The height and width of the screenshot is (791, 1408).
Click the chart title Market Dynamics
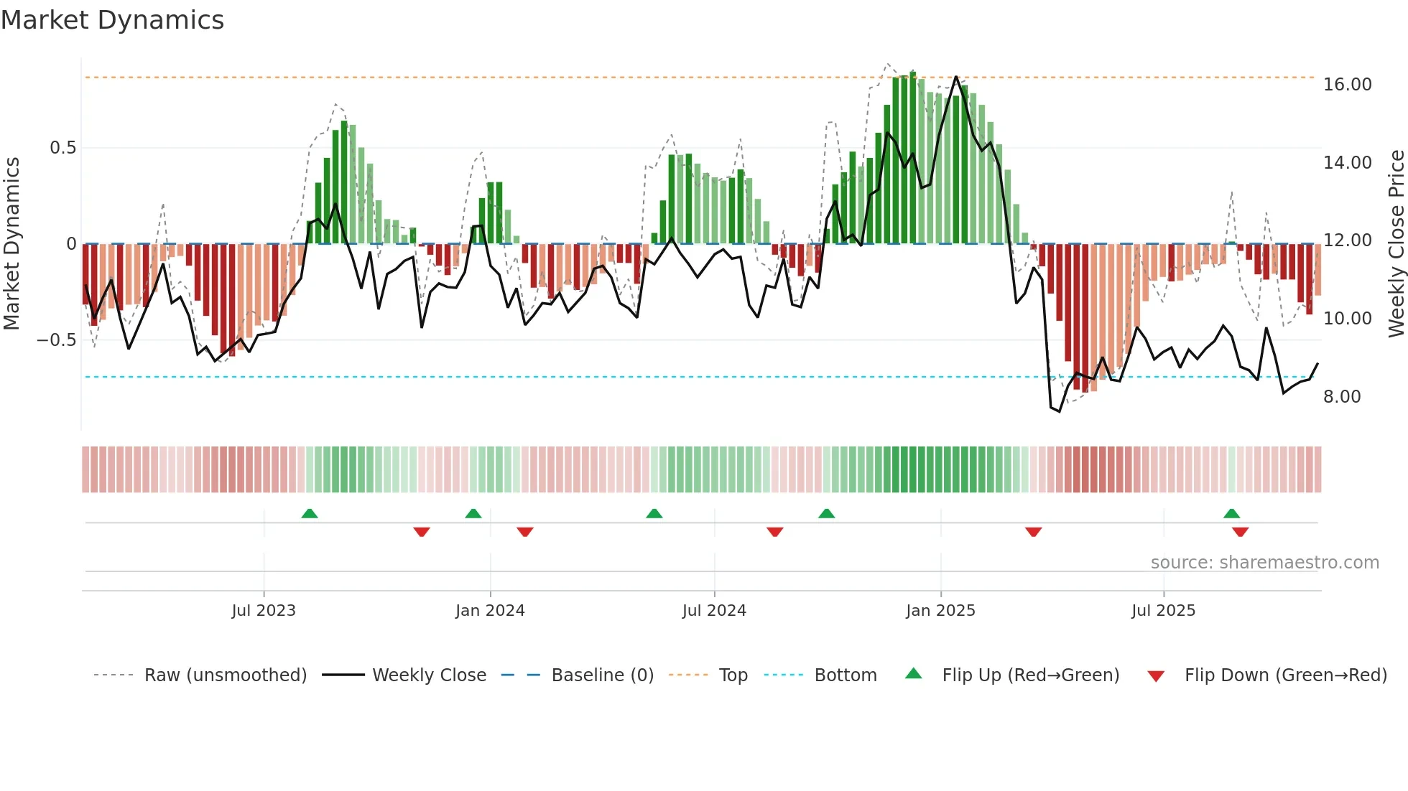[x=112, y=20]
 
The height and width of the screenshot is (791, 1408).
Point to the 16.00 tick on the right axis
[x=1347, y=85]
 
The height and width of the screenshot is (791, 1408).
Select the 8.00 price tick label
[x=1341, y=397]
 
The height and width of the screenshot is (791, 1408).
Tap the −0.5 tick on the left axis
[x=56, y=340]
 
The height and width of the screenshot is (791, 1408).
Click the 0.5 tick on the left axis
[x=62, y=148]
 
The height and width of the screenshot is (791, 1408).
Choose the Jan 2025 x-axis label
[x=940, y=611]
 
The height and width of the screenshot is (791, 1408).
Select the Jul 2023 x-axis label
[x=264, y=611]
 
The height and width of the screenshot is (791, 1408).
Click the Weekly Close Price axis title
[x=1396, y=244]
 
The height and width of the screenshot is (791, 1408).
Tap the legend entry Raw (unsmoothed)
[x=225, y=675]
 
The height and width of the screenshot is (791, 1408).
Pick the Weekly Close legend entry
[x=429, y=675]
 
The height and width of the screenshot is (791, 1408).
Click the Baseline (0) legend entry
[x=602, y=675]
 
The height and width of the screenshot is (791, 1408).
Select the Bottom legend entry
[x=845, y=675]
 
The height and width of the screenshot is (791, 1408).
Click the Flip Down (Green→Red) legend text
[x=1285, y=675]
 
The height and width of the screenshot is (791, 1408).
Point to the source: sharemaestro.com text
[x=1264, y=563]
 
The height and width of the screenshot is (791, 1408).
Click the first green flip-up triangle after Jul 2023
[x=310, y=514]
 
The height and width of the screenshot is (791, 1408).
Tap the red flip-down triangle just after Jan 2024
[x=525, y=532]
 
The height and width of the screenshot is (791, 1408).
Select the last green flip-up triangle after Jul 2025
[x=1231, y=514]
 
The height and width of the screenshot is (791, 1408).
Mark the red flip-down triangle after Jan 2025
[x=1033, y=532]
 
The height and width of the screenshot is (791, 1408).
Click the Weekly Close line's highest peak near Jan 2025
[x=955, y=77]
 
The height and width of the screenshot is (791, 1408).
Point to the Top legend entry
[x=733, y=675]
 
